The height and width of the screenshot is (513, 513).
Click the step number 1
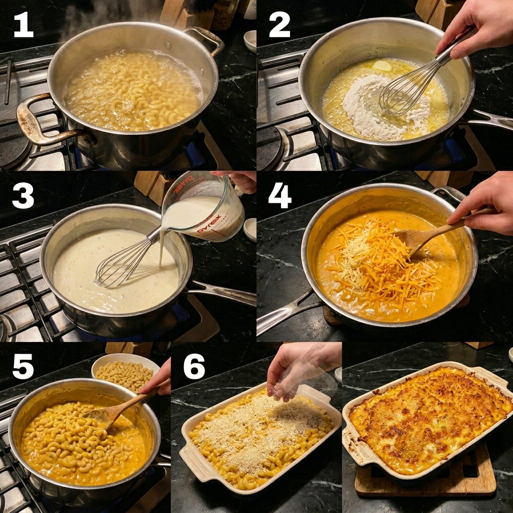click(24, 25)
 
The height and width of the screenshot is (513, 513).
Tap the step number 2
click(280, 25)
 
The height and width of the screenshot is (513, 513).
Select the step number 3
click(23, 196)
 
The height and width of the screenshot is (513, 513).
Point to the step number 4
click(280, 196)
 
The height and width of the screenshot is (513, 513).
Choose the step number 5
click(23, 366)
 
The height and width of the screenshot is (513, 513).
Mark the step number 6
click(194, 366)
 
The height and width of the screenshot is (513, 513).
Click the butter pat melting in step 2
click(382, 66)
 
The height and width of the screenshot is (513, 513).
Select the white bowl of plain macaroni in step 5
click(125, 373)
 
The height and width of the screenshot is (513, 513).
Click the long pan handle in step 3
click(222, 292)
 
